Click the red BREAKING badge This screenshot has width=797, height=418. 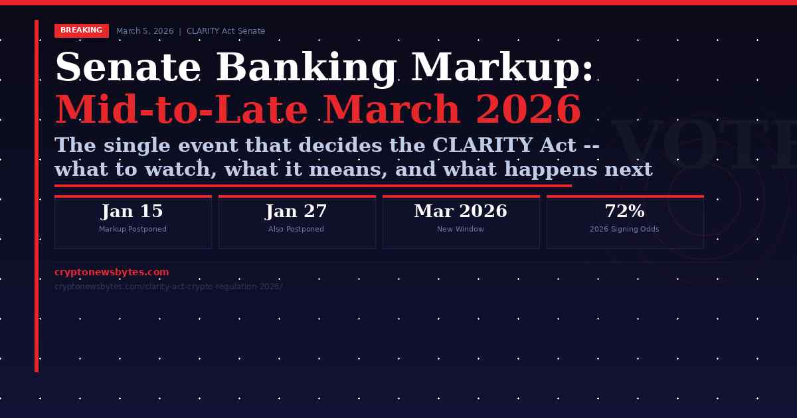pos(81,31)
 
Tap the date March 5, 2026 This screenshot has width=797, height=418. pos(145,31)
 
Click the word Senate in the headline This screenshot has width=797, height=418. pos(128,68)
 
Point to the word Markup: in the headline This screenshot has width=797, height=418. pos(502,68)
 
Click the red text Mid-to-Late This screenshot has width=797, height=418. pos(181,111)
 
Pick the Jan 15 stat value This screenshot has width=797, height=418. pos(132,212)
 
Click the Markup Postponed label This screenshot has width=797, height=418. pos(133,230)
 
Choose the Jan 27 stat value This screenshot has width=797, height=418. pos(296,212)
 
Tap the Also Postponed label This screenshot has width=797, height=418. pos(296,230)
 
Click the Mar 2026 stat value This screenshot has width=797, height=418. pos(460,212)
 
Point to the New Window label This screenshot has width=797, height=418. pos(460,230)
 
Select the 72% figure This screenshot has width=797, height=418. pos(624,212)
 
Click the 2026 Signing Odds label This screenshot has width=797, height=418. pos(624,230)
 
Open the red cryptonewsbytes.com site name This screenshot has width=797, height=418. pos(112,272)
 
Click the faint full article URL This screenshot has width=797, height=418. pos(168,287)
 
